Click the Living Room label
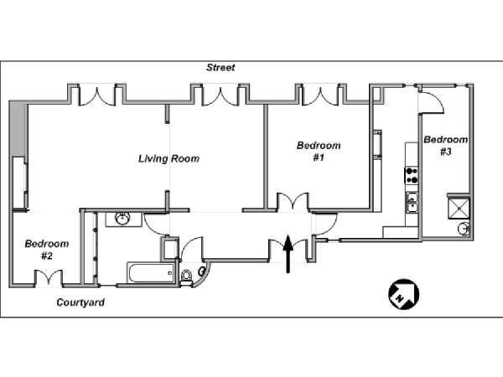pyautogui.click(x=169, y=158)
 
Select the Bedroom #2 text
pyautogui.click(x=46, y=250)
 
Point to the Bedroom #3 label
pyautogui.click(x=445, y=146)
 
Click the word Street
pyautogui.click(x=221, y=68)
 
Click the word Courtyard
pyautogui.click(x=80, y=302)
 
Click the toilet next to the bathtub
pyautogui.click(x=187, y=273)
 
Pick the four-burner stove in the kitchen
pyautogui.click(x=412, y=176)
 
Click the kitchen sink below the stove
pyautogui.click(x=412, y=200)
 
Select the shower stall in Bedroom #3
pyautogui.click(x=459, y=206)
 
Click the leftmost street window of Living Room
pyautogui.click(x=94, y=94)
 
